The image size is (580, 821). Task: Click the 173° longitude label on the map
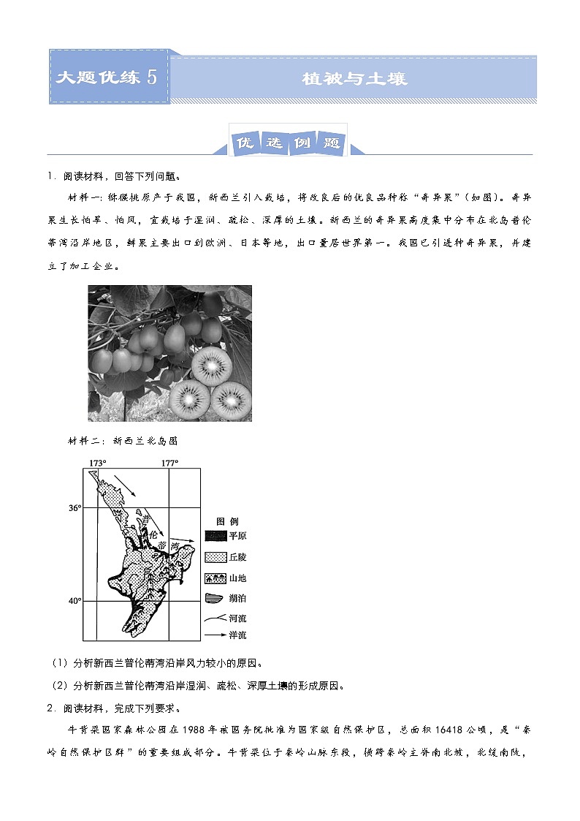coord(98,464)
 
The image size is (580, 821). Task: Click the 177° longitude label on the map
coord(169,464)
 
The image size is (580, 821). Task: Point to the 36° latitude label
coord(75,507)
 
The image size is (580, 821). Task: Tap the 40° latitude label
coord(75,601)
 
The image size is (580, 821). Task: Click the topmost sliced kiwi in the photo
coord(210,362)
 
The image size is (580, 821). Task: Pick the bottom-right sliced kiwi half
coord(232,399)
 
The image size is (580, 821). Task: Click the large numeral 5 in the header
coord(152,77)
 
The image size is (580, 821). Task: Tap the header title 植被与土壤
coord(354,78)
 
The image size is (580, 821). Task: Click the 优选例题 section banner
coord(289,143)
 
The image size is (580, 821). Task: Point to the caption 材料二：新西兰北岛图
coord(123,442)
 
